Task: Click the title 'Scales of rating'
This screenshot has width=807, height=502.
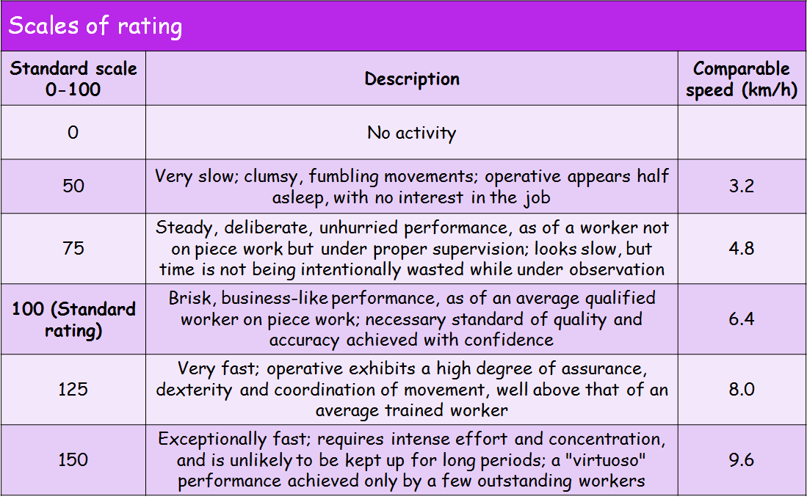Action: tap(95, 26)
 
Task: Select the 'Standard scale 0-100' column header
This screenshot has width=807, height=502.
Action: tap(73, 79)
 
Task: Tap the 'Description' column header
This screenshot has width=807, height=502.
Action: tap(412, 79)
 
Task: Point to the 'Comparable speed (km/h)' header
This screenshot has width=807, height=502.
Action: tap(742, 79)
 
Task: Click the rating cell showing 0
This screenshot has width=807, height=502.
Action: tap(73, 133)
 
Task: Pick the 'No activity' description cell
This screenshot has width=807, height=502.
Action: tap(412, 133)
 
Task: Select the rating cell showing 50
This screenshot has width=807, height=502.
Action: tap(73, 186)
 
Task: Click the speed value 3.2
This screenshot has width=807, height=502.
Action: tap(742, 186)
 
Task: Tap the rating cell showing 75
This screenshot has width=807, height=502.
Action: tap(73, 249)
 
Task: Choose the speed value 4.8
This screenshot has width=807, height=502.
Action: tap(742, 249)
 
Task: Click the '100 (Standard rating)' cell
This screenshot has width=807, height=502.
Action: tap(73, 319)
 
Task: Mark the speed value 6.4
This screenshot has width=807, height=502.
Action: tap(742, 319)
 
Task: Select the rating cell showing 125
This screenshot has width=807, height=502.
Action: tap(73, 390)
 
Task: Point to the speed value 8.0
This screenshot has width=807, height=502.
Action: tap(742, 390)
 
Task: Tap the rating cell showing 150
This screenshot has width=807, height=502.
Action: tap(73, 460)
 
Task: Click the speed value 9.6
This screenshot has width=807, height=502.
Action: tap(742, 460)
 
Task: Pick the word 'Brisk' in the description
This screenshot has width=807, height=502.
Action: tap(190, 299)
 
